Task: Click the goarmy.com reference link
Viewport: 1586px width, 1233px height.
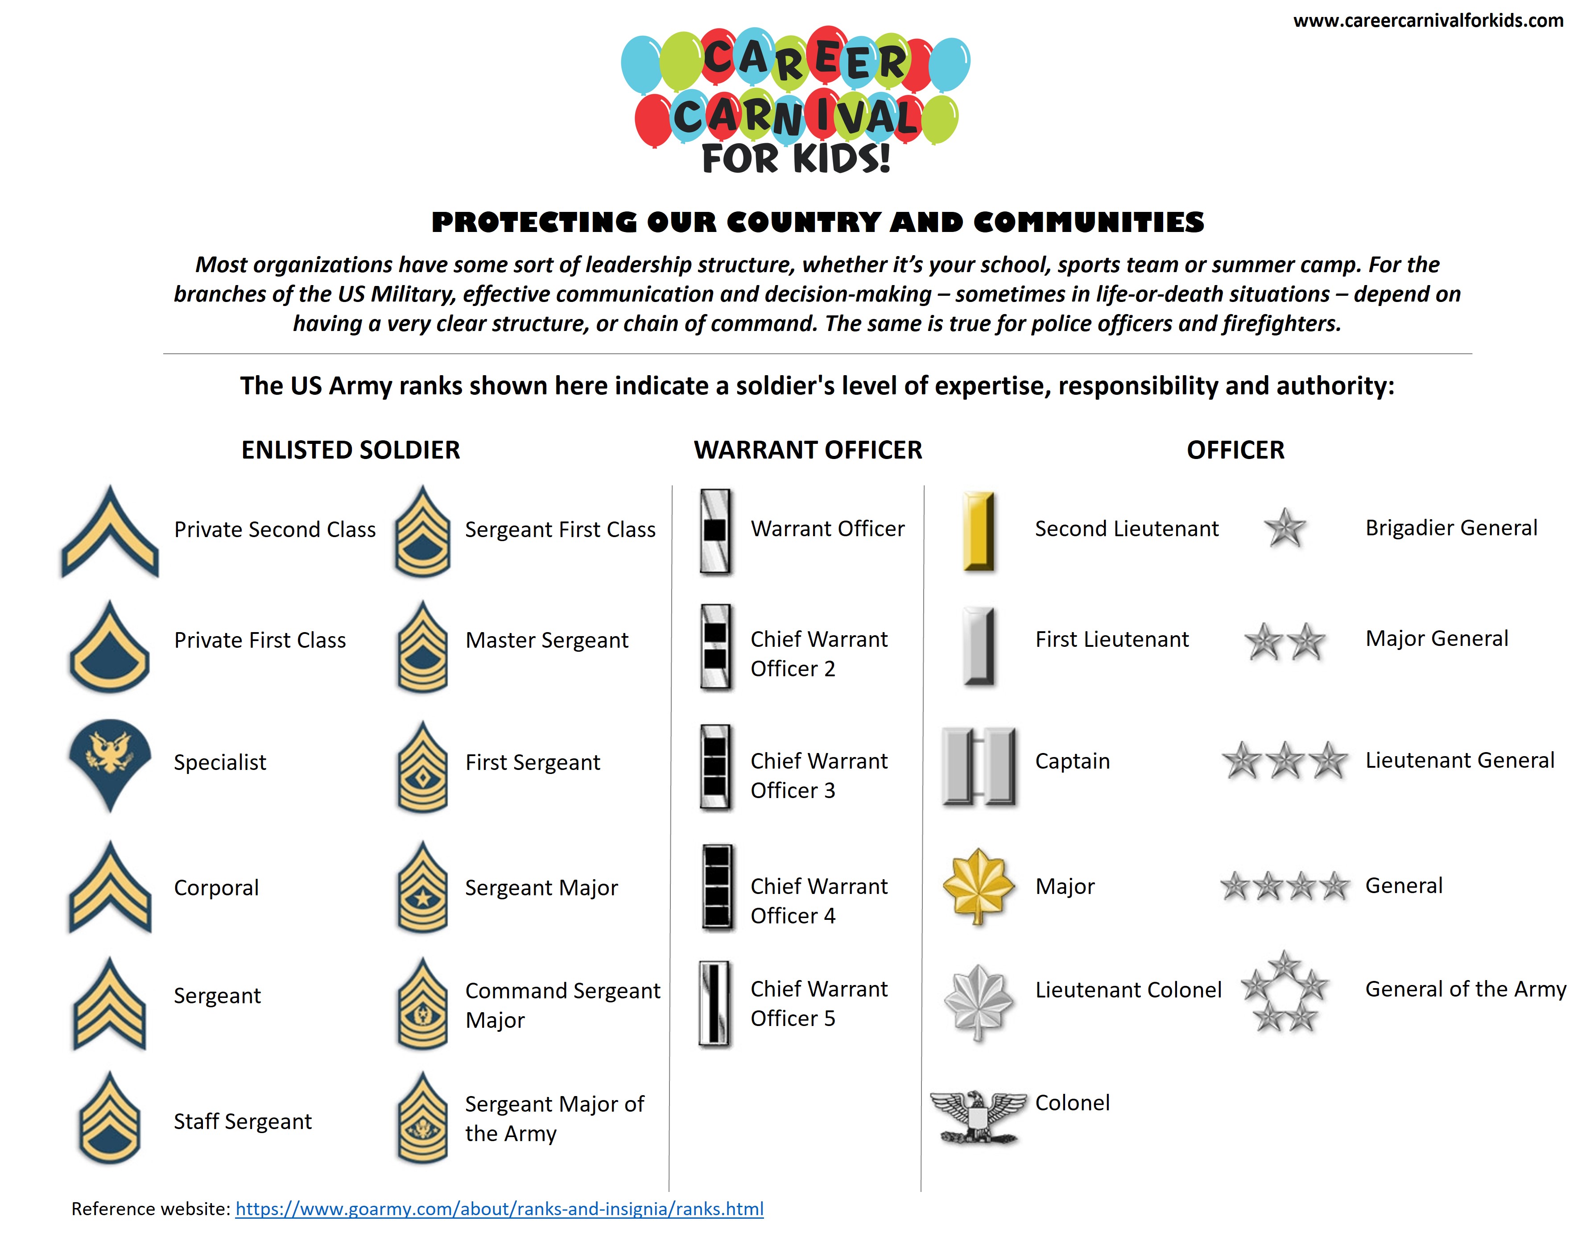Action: pos(499,1208)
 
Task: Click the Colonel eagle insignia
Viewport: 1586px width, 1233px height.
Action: pos(978,1116)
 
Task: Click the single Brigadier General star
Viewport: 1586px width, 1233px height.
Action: pos(1284,528)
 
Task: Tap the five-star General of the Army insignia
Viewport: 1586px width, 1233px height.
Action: pos(1284,991)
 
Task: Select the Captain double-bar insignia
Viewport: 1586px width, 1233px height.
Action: pos(978,766)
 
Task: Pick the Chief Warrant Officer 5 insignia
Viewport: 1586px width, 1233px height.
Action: pos(715,1004)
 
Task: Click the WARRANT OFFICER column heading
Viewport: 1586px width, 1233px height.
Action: pos(808,450)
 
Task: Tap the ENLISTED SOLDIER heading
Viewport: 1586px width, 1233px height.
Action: pos(351,450)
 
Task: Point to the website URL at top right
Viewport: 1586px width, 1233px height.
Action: pos(1428,21)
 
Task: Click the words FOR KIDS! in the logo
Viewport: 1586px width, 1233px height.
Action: pos(796,158)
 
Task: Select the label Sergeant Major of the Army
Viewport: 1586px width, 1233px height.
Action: pos(554,1118)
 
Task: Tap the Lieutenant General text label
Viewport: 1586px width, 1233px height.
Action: pos(1460,760)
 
